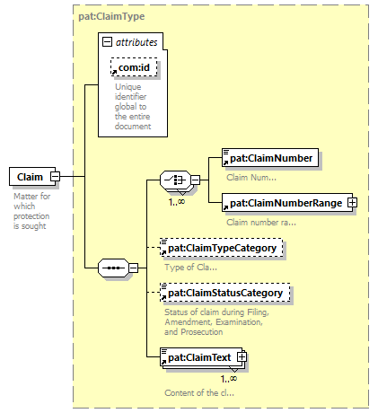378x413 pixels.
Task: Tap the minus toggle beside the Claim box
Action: [56, 176]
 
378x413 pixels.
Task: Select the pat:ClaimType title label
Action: [111, 16]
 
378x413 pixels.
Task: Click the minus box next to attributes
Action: [107, 42]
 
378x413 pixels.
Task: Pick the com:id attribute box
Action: [134, 67]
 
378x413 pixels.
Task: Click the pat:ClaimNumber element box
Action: [270, 158]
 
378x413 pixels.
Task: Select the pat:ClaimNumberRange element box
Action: [287, 203]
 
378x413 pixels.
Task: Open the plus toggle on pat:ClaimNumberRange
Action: [352, 203]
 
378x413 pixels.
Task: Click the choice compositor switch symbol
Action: [175, 180]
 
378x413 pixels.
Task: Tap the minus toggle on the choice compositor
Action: [195, 180]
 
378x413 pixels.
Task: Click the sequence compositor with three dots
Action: [113, 268]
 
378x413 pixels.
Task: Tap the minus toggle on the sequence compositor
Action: [133, 268]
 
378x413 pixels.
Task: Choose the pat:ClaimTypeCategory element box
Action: [222, 248]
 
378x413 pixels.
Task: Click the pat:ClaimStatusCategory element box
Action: [225, 293]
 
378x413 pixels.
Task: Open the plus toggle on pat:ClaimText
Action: [242, 357]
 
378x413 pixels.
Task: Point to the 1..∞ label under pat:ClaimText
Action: [229, 379]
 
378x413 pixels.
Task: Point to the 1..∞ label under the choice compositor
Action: [177, 202]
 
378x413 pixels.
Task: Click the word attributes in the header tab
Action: [136, 42]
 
